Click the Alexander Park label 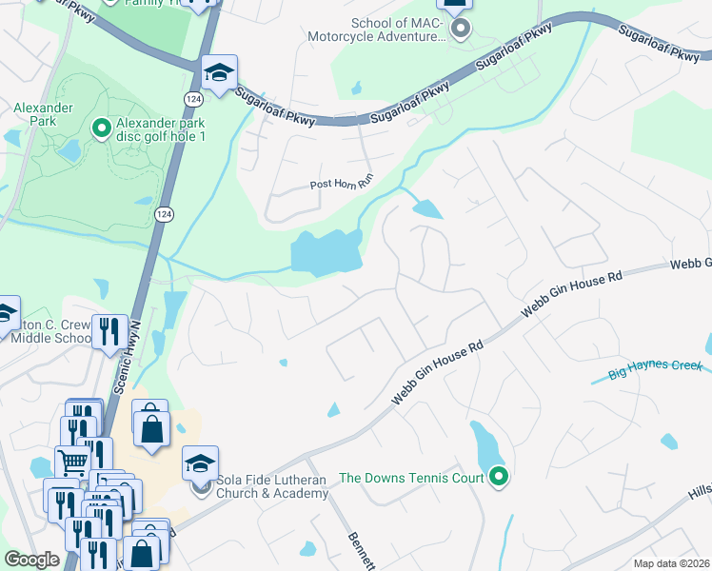point(43,114)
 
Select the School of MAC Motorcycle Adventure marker point(460,30)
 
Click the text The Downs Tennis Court point(411,478)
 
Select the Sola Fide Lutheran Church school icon point(200,463)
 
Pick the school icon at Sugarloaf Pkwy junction point(219,72)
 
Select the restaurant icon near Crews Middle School point(109,331)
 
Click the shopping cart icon point(72,463)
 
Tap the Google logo point(31,560)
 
